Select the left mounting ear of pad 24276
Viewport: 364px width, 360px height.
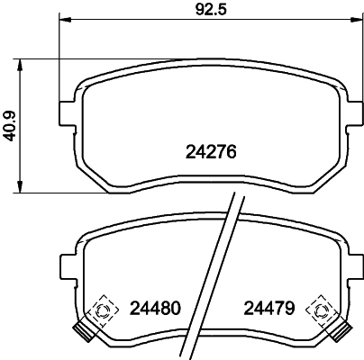[x=66, y=112]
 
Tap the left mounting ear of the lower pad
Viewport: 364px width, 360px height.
[x=66, y=267]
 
